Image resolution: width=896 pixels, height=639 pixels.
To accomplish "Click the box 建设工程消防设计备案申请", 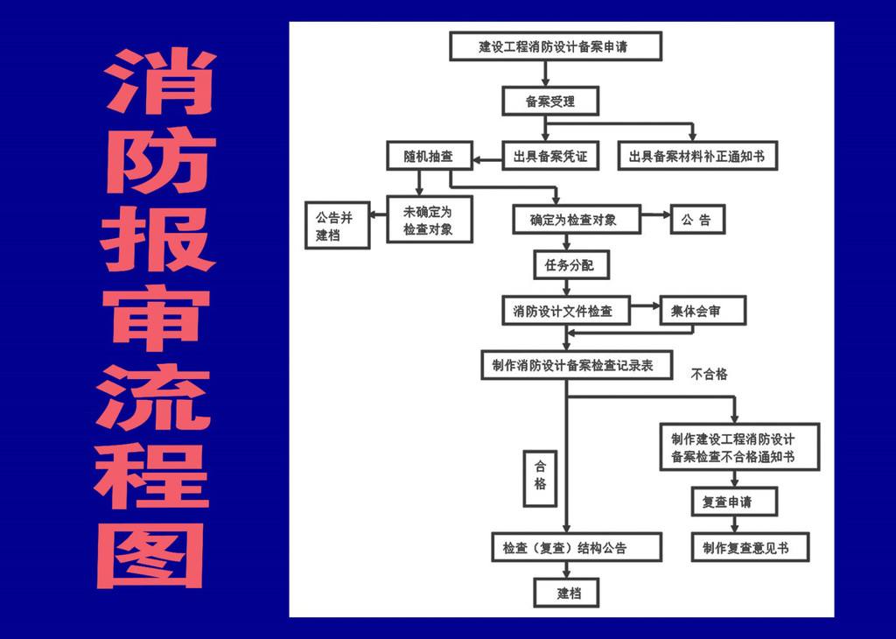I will point(555,46).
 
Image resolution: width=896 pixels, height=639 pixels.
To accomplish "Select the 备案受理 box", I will point(550,102).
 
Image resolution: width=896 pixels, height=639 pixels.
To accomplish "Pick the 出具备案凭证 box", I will point(550,157).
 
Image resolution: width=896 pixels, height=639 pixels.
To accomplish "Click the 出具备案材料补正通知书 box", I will point(696,157).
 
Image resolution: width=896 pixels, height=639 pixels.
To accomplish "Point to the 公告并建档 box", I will point(337,225).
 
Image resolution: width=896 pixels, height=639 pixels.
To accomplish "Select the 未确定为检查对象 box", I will point(429,219).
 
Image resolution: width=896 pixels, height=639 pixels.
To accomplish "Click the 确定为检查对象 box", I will point(577,220).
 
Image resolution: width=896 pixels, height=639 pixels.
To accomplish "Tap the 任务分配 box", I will point(570,264).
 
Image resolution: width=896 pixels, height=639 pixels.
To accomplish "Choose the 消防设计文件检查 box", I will point(565,311).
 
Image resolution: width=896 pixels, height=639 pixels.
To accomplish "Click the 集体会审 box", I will point(702,311).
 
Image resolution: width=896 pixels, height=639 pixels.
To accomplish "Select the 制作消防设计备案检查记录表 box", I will point(575,365).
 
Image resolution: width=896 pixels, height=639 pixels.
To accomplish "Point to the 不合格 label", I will point(710,375).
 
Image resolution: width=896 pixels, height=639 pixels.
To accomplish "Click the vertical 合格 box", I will point(540,478).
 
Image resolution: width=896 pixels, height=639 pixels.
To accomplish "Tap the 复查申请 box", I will point(733,502).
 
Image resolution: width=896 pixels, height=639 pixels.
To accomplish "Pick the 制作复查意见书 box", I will point(750,548).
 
